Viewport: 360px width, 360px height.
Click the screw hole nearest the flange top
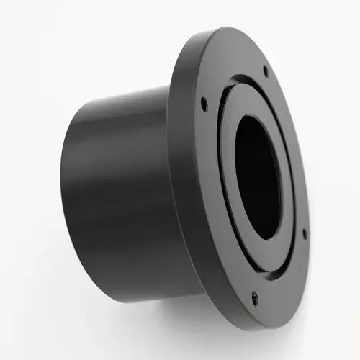click(266, 71)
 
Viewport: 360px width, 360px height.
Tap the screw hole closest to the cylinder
click(204, 104)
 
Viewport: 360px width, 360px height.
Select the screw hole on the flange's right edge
click(304, 233)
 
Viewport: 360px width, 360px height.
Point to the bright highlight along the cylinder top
click(122, 101)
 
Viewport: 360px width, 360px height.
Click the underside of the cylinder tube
click(122, 284)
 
